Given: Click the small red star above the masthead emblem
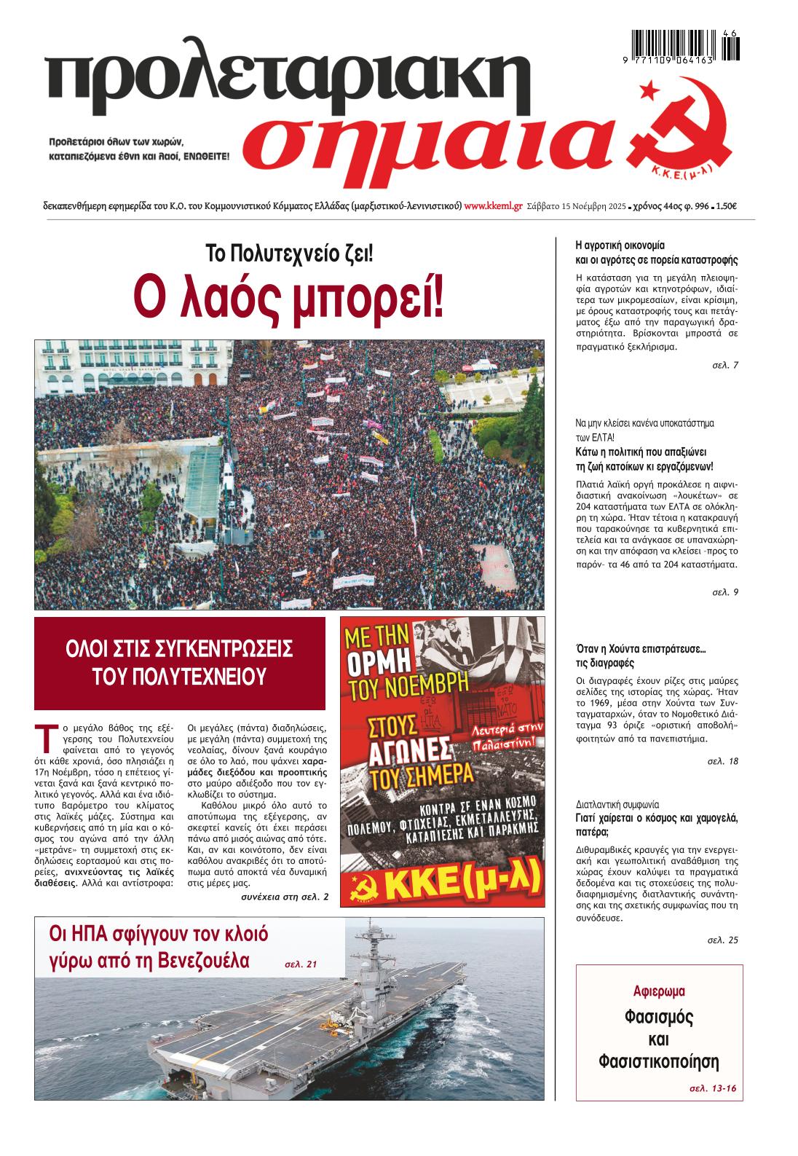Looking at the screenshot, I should pos(645,90).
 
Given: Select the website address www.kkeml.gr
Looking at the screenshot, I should pos(493,206).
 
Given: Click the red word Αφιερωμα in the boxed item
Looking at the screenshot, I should pos(660,991).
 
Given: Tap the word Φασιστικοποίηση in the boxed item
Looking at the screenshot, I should pos(659,1060).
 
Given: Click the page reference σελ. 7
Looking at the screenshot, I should pos(724,365).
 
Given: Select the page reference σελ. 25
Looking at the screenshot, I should pos(722,940).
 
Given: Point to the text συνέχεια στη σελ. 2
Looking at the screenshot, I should pos(284,897).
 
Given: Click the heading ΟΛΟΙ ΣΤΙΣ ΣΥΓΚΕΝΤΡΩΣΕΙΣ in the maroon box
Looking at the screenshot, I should pos(179,648).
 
